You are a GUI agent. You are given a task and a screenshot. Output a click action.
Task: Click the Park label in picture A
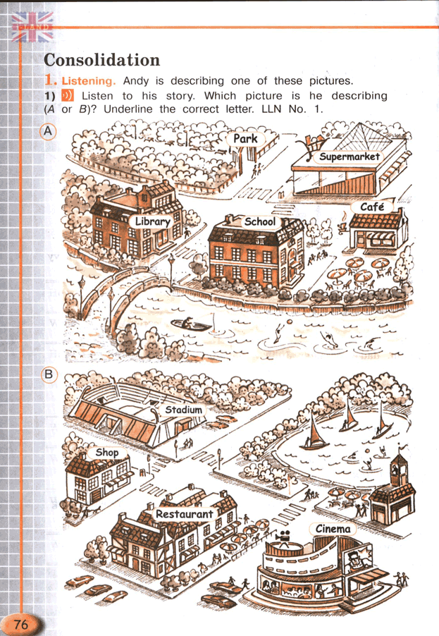(245, 139)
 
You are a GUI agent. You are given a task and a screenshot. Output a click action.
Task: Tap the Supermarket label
(349, 157)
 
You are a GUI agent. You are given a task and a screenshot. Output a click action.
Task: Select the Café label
(372, 207)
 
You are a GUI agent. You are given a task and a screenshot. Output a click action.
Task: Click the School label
(260, 221)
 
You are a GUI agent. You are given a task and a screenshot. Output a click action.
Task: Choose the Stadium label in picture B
(183, 410)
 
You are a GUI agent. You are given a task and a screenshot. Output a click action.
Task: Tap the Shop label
(107, 452)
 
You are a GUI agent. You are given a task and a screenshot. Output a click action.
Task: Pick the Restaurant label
(185, 514)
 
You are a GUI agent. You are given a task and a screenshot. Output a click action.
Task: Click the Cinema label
(333, 529)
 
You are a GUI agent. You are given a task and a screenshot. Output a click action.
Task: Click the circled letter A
(48, 132)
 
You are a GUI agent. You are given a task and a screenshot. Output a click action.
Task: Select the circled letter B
(49, 374)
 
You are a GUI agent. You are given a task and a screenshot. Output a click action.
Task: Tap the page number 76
(20, 623)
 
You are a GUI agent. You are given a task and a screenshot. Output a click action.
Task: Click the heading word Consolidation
(101, 60)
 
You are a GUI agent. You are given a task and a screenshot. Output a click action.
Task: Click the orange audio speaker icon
(68, 96)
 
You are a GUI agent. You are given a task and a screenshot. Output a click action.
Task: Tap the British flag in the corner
(32, 27)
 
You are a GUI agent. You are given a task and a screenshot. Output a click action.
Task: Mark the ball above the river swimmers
(290, 322)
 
